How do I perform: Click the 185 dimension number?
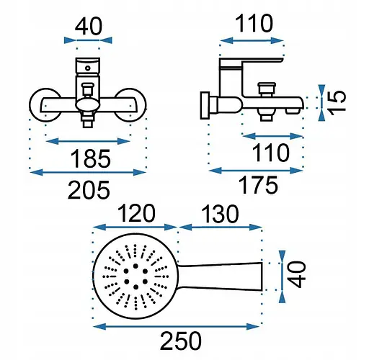point(90,158)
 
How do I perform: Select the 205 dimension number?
point(89,190)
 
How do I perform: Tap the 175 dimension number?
point(258,185)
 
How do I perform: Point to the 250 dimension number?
point(181,341)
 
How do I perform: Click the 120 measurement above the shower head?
point(137,213)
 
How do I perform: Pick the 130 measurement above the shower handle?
point(220,214)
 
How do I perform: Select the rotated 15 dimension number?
point(337,102)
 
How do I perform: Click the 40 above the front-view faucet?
point(89,26)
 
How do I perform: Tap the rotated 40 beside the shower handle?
point(297,274)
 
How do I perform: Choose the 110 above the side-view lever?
point(254,23)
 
